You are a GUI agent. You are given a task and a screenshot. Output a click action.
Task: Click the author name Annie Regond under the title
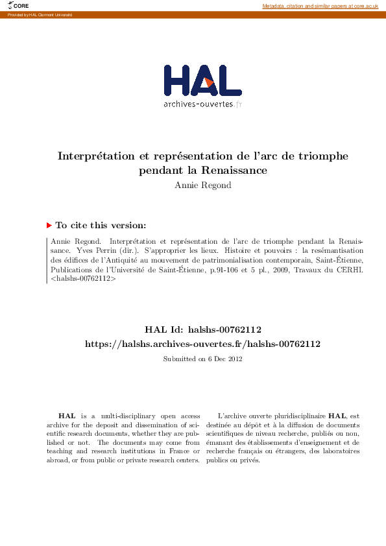point(202,185)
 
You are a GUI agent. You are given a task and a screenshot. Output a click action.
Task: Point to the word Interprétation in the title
point(96,156)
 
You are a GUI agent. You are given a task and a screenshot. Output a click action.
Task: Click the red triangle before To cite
point(49,226)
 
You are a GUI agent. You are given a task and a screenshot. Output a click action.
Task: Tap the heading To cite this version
point(101,226)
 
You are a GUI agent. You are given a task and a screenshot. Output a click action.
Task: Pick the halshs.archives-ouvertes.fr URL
point(202,344)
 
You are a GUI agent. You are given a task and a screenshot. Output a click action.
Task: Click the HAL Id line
point(202,330)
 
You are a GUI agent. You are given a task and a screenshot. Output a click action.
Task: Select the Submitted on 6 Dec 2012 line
point(202,359)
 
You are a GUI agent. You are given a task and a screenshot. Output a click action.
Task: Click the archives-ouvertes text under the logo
point(198,104)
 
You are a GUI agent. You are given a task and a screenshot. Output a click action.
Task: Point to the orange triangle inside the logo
point(210,82)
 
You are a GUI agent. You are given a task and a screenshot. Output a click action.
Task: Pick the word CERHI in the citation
point(350,268)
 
